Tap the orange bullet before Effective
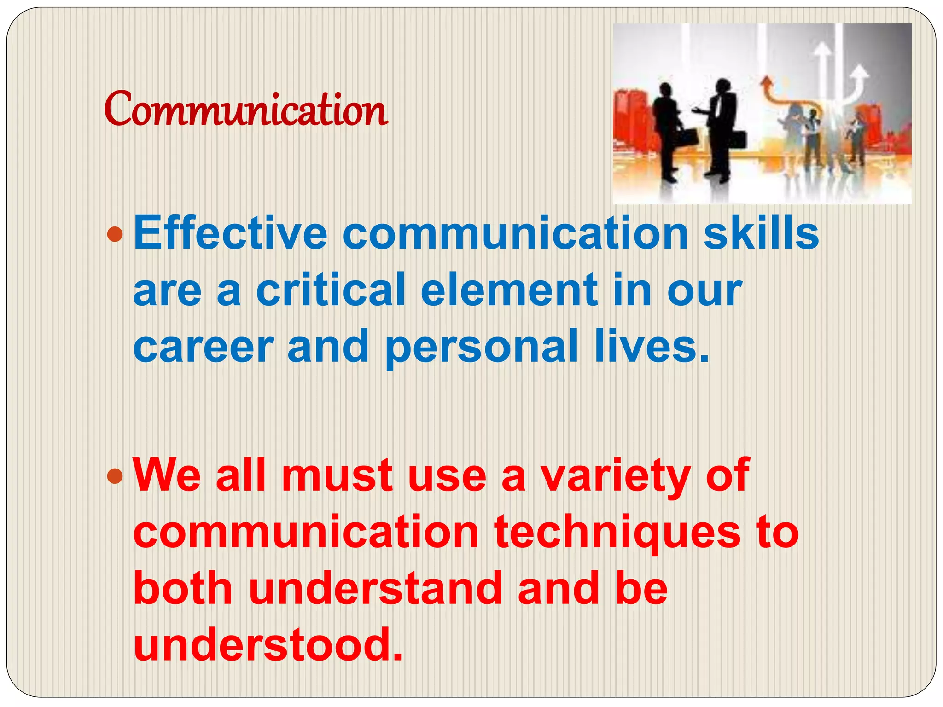point(115,234)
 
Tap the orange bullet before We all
point(115,477)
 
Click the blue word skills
point(761,233)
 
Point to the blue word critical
point(330,290)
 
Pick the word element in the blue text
point(509,290)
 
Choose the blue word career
point(203,347)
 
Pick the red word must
point(337,476)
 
